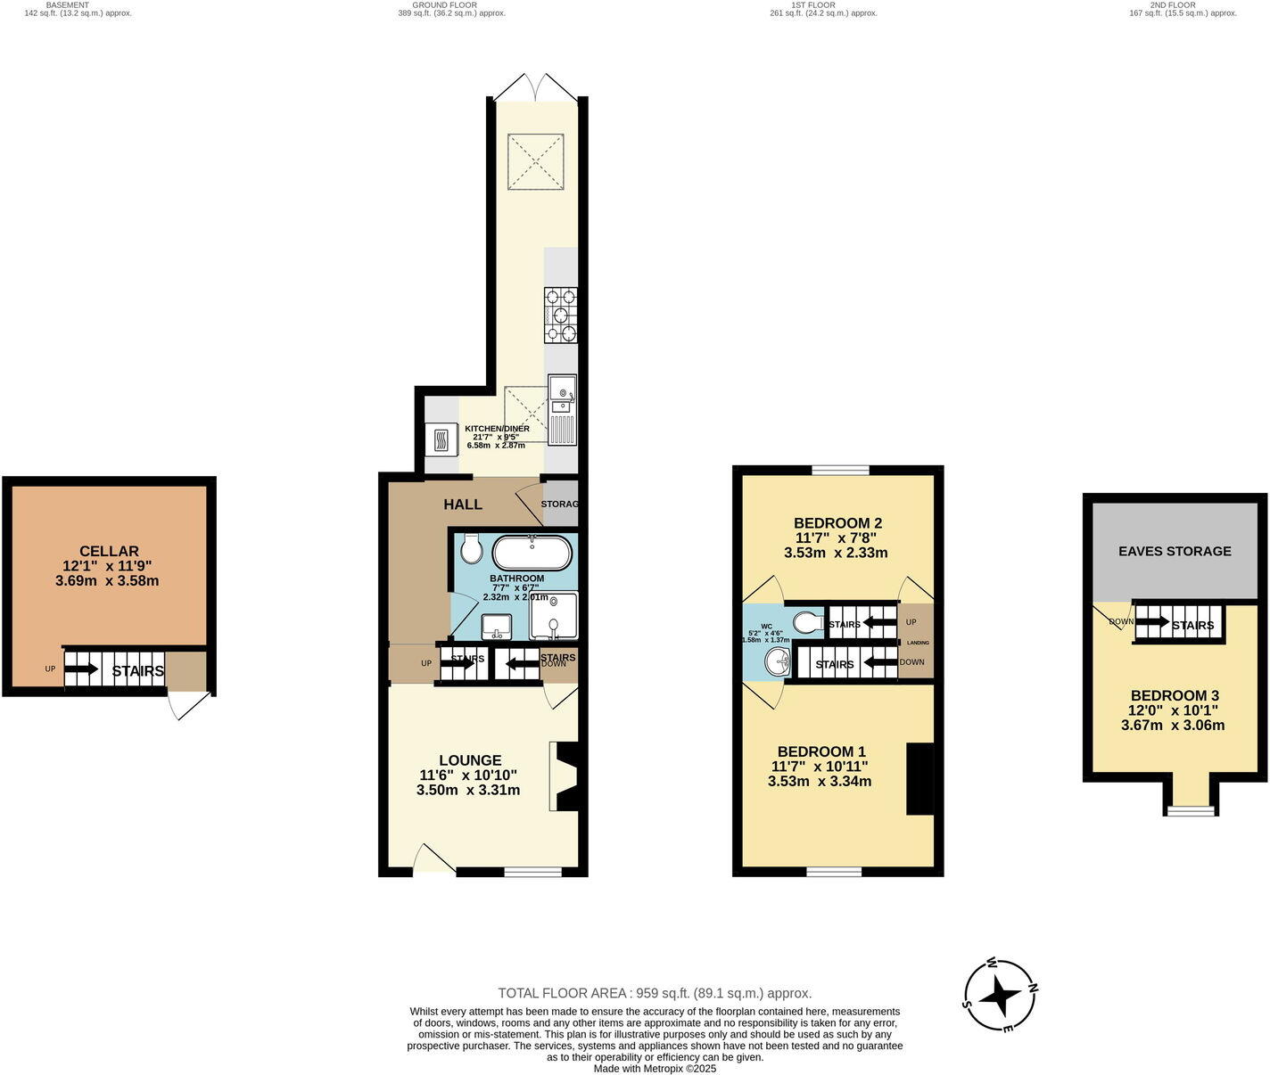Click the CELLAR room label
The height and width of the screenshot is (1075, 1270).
tap(109, 551)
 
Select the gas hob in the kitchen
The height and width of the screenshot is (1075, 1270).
tap(560, 315)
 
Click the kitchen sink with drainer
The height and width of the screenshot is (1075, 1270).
tap(562, 409)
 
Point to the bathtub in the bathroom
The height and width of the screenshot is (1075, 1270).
tap(532, 553)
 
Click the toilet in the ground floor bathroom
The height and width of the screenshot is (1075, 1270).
tap(472, 549)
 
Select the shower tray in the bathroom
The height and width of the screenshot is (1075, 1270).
tap(554, 616)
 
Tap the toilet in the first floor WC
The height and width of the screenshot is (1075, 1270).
tap(808, 621)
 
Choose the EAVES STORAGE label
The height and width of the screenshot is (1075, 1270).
tap(1175, 551)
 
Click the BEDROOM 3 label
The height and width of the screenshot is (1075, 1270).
tap(1175, 695)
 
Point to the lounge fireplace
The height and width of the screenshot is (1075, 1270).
tap(565, 776)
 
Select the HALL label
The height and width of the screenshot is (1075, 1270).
tap(463, 505)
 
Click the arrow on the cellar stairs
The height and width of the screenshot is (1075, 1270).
tap(81, 669)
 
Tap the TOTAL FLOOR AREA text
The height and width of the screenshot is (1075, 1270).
tap(654, 993)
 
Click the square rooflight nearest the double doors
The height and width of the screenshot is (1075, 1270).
tap(536, 161)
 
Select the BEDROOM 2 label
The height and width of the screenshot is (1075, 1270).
tap(837, 522)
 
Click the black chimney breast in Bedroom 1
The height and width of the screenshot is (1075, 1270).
tap(920, 778)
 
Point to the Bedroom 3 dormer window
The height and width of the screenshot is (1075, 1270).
tap(1190, 809)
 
